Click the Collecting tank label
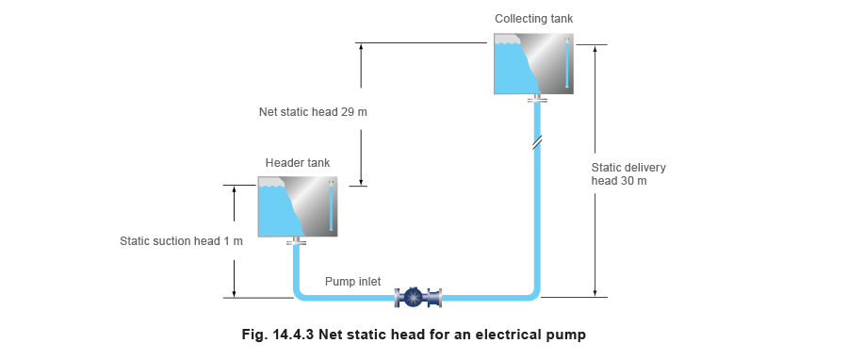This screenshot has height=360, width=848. [x=533, y=19]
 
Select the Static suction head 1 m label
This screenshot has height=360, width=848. [x=182, y=241]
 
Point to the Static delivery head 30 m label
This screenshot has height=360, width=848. [x=628, y=174]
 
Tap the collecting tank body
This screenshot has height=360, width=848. [x=532, y=64]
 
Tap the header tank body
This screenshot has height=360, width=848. [x=297, y=206]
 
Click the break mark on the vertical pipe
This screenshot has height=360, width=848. [x=535, y=144]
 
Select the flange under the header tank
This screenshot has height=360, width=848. [x=298, y=242]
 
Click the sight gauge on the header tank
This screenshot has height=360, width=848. [x=331, y=205]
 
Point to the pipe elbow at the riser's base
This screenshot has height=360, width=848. [x=530, y=293]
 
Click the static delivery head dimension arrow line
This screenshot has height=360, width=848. [x=595, y=170]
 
